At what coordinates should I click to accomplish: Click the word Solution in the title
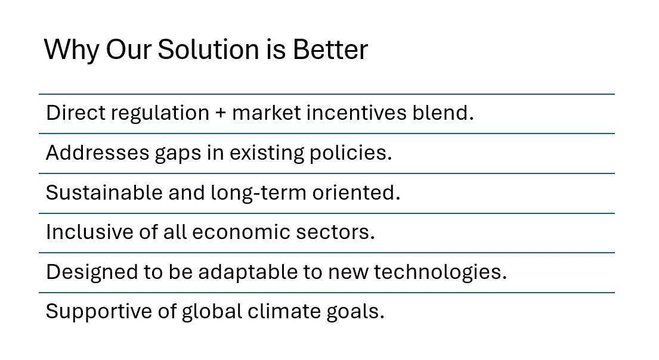click(209, 49)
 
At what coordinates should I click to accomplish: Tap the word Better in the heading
click(330, 49)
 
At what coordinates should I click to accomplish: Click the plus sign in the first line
click(221, 113)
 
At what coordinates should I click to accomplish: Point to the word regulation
click(160, 113)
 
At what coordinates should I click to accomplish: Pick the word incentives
click(357, 113)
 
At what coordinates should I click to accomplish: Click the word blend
click(443, 113)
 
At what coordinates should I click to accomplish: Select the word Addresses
click(97, 153)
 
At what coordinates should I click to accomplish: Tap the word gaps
click(178, 154)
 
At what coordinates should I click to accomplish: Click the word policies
click(351, 153)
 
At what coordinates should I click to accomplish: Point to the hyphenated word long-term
click(258, 193)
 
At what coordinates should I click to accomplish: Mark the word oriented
click(356, 193)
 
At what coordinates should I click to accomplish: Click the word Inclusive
click(89, 232)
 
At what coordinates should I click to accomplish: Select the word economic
click(241, 232)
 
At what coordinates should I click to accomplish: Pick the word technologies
click(441, 272)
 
